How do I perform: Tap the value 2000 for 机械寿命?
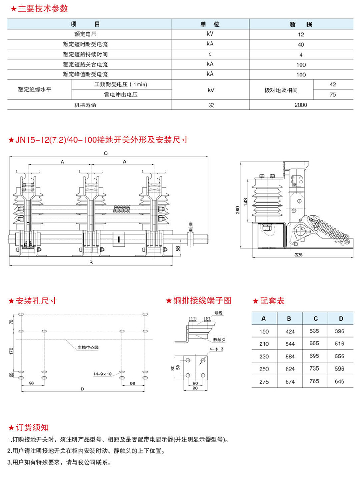[x=301, y=105]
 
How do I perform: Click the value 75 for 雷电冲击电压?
[x=333, y=94]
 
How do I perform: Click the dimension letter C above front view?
[x=105, y=153]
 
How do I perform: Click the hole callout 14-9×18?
[x=102, y=373]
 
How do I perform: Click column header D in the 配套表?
[x=341, y=319]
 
